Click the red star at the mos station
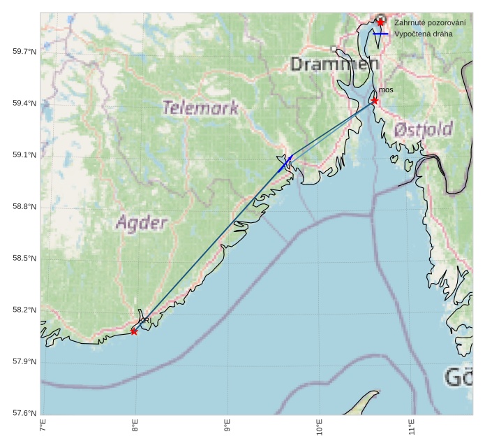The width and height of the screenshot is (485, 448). [375, 101]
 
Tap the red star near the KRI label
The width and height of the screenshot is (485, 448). [134, 331]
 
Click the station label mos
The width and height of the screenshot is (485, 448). [386, 90]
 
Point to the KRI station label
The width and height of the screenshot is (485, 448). [147, 321]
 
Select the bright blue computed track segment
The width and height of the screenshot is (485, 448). [285, 164]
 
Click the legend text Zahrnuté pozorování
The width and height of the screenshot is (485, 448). [430, 22]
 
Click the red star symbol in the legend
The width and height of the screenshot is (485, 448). [380, 22]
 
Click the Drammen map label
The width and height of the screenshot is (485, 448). [334, 65]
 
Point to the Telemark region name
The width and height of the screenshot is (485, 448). [200, 108]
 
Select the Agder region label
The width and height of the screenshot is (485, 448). [142, 224]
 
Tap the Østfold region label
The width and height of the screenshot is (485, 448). [423, 129]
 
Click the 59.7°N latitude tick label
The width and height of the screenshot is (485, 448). [24, 52]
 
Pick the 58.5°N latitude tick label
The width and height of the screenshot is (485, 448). [24, 259]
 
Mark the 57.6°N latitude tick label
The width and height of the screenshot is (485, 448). [24, 413]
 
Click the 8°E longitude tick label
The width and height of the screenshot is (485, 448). [135, 427]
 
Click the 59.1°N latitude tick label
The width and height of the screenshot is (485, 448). [24, 155]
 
